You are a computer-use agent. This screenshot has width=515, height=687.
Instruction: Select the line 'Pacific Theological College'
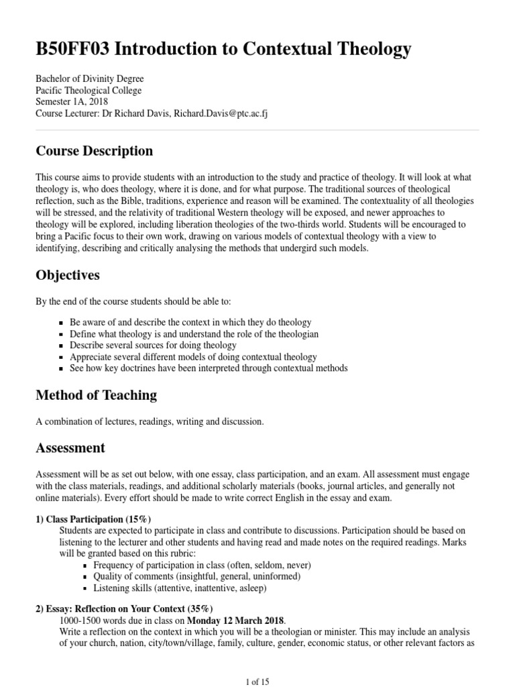point(89,91)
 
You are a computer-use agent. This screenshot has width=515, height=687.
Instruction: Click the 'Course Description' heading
point(94,151)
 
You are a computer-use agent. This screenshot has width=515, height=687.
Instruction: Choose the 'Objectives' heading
point(68,276)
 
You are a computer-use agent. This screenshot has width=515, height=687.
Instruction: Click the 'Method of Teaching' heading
point(96,395)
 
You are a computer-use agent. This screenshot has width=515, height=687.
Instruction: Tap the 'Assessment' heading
point(70,447)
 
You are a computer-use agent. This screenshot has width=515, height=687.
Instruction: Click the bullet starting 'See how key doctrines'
point(209,368)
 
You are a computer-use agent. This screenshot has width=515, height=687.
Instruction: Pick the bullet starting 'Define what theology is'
point(194,334)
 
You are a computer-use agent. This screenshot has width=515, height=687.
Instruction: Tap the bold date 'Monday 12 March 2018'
point(235,621)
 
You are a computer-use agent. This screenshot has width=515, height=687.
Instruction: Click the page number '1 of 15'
point(257,682)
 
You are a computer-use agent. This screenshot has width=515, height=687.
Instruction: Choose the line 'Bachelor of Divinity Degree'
point(89,79)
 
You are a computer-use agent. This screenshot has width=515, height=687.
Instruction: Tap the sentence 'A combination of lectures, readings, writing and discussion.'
point(150,422)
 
